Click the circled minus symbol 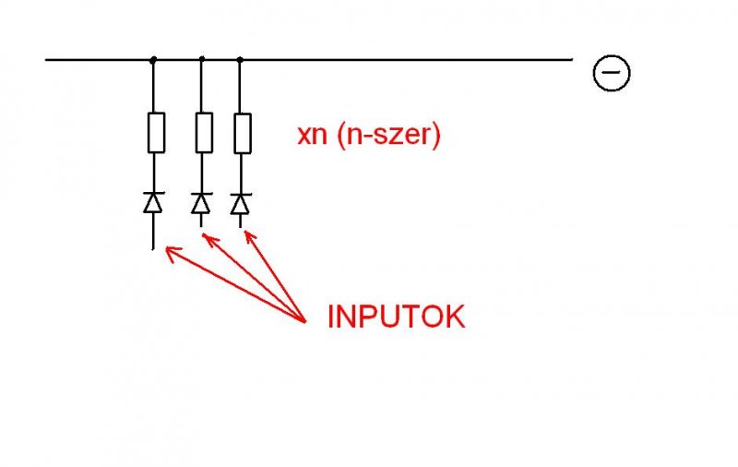[611, 72]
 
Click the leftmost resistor [156, 133]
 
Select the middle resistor [203, 133]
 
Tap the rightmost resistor [242, 133]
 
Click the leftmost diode [154, 202]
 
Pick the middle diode [201, 202]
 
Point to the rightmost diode [241, 202]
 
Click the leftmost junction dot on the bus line [154, 60]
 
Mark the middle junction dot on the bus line [202, 60]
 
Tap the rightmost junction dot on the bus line [240, 60]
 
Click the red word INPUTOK [396, 317]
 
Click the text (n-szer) [388, 135]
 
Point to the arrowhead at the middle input [207, 239]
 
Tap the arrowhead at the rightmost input [247, 234]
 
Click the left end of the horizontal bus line [46, 60]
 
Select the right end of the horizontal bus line [571, 60]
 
